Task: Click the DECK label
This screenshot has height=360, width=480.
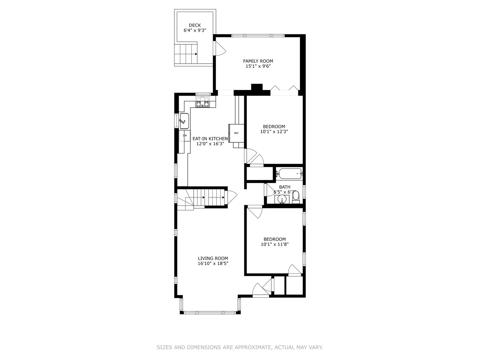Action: pos(195,25)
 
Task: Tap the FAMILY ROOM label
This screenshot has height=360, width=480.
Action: pos(258,61)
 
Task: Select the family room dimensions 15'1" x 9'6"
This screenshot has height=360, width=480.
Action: pos(258,66)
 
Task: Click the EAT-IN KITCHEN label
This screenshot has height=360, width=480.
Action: pos(210,139)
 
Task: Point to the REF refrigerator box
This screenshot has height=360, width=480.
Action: pos(236,133)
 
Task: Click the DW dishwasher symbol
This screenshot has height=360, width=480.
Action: pos(185,136)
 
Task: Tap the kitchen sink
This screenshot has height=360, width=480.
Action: pos(184,121)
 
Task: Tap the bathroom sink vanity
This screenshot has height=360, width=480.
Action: pos(282,199)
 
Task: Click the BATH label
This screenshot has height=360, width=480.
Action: pos(285,187)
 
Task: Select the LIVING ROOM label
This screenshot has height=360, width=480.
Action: pos(213,258)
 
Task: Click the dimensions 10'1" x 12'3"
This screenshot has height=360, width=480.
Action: pos(274,132)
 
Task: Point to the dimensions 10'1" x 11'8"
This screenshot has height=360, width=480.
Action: pos(274,244)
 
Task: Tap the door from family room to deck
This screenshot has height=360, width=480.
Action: pos(220,50)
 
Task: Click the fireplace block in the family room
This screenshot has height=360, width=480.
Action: pos(257,87)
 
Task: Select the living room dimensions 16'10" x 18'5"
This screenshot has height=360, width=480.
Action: pos(213,264)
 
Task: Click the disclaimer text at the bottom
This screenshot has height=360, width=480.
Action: pos(240,347)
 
